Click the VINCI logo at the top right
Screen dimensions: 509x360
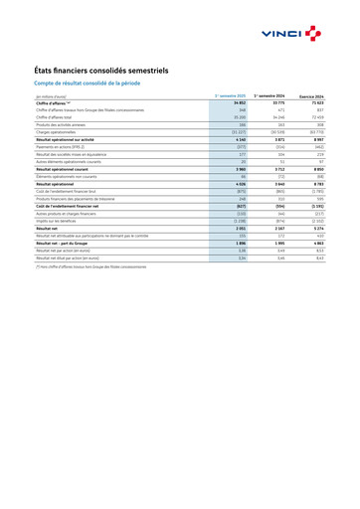297,34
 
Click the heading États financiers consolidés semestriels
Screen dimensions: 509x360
110,71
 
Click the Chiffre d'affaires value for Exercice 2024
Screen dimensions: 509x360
315,102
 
